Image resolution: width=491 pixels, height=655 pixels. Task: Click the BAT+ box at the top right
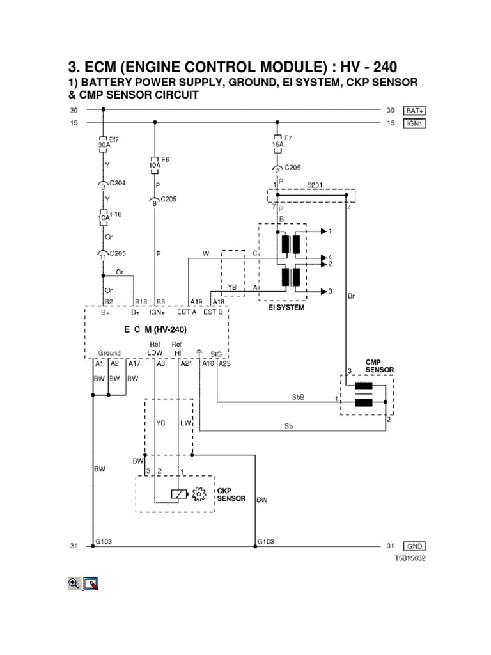click(x=414, y=111)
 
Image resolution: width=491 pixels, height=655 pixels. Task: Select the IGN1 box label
click(x=414, y=123)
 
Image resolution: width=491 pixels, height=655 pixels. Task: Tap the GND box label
click(x=414, y=546)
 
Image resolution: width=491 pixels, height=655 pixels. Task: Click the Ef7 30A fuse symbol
click(x=103, y=142)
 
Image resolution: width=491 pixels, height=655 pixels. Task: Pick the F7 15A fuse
click(x=277, y=142)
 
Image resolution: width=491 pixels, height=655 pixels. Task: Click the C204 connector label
click(x=116, y=183)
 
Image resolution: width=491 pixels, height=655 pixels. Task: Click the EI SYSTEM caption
click(x=286, y=308)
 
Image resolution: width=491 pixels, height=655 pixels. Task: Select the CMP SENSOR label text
click(x=379, y=366)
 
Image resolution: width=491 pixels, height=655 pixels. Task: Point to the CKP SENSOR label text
click(x=231, y=494)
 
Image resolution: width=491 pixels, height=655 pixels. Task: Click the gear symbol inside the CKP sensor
click(x=199, y=494)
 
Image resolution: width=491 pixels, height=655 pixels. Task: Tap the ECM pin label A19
click(x=196, y=302)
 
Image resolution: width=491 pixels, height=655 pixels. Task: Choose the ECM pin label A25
click(x=224, y=363)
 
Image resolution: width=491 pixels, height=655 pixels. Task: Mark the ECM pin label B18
click(x=141, y=302)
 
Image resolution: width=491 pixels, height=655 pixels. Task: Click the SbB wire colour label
click(x=298, y=397)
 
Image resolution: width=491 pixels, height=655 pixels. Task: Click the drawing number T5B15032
click(x=409, y=558)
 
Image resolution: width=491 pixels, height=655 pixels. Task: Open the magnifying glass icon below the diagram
click(x=74, y=583)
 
